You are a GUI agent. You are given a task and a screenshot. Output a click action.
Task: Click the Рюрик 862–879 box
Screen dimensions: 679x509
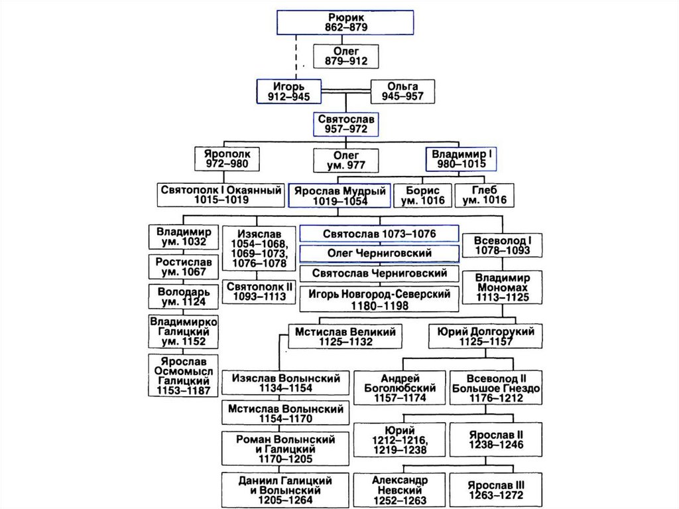(345, 23)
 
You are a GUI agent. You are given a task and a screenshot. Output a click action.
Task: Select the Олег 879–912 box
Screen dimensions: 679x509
(345, 56)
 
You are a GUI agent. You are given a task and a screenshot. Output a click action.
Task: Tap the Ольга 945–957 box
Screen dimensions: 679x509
(402, 92)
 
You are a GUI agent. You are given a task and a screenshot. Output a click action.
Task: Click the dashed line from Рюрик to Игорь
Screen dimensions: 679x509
(296, 57)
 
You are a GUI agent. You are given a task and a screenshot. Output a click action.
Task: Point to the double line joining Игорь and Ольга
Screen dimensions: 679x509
(345, 91)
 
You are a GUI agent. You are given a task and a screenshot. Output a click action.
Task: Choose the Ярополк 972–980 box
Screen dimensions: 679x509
(227, 159)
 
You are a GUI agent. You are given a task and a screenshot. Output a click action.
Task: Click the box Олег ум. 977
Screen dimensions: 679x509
(345, 161)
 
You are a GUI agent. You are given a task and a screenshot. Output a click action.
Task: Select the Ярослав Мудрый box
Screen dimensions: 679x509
(339, 196)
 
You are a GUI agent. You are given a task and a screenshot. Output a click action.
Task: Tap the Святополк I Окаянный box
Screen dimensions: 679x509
(221, 194)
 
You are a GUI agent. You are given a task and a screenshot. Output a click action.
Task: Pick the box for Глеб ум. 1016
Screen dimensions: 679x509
(484, 196)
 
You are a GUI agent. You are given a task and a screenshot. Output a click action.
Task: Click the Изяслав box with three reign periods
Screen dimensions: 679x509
(259, 248)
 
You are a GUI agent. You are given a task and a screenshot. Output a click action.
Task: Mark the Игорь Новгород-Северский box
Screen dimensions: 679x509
(379, 299)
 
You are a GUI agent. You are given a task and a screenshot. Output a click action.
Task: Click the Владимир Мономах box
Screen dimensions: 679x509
(503, 287)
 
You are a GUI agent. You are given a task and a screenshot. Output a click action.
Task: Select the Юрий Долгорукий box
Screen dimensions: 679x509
(485, 336)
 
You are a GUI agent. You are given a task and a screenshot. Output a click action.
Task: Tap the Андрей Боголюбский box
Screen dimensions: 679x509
(400, 388)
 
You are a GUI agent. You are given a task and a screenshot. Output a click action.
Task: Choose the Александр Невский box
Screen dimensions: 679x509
(400, 490)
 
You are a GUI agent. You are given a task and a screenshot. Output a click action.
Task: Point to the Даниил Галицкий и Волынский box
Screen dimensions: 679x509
(285, 490)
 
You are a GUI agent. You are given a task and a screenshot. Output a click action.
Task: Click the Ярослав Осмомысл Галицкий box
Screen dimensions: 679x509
(183, 376)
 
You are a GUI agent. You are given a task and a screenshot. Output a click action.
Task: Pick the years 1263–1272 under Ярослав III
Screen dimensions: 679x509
(496, 495)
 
